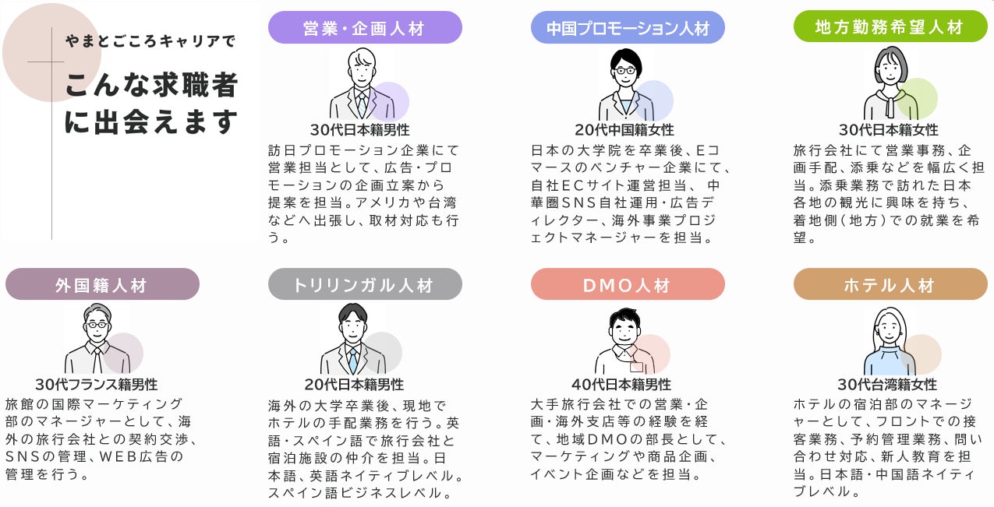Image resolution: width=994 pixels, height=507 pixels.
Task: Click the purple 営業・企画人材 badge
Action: click(x=365, y=28)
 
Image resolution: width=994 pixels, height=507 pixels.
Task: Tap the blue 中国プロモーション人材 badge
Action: click(x=628, y=28)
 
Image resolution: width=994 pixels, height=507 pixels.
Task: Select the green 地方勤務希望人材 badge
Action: click(x=890, y=27)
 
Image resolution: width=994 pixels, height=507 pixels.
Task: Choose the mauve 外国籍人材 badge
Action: click(x=101, y=284)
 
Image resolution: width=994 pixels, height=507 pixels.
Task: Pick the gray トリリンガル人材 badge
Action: click(x=364, y=284)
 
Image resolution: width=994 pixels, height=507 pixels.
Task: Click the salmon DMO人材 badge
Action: click(x=628, y=284)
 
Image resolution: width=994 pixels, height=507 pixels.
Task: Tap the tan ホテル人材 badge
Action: click(x=890, y=284)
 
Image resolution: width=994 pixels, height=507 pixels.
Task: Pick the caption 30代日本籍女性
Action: click(x=888, y=130)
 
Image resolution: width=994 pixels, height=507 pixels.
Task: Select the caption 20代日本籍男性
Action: click(x=354, y=385)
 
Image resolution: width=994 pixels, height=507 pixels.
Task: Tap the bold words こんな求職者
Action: click(x=151, y=85)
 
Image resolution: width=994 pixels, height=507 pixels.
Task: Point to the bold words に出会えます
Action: click(x=151, y=122)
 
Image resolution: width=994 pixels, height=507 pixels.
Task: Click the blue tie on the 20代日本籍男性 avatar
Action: click(x=352, y=359)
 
